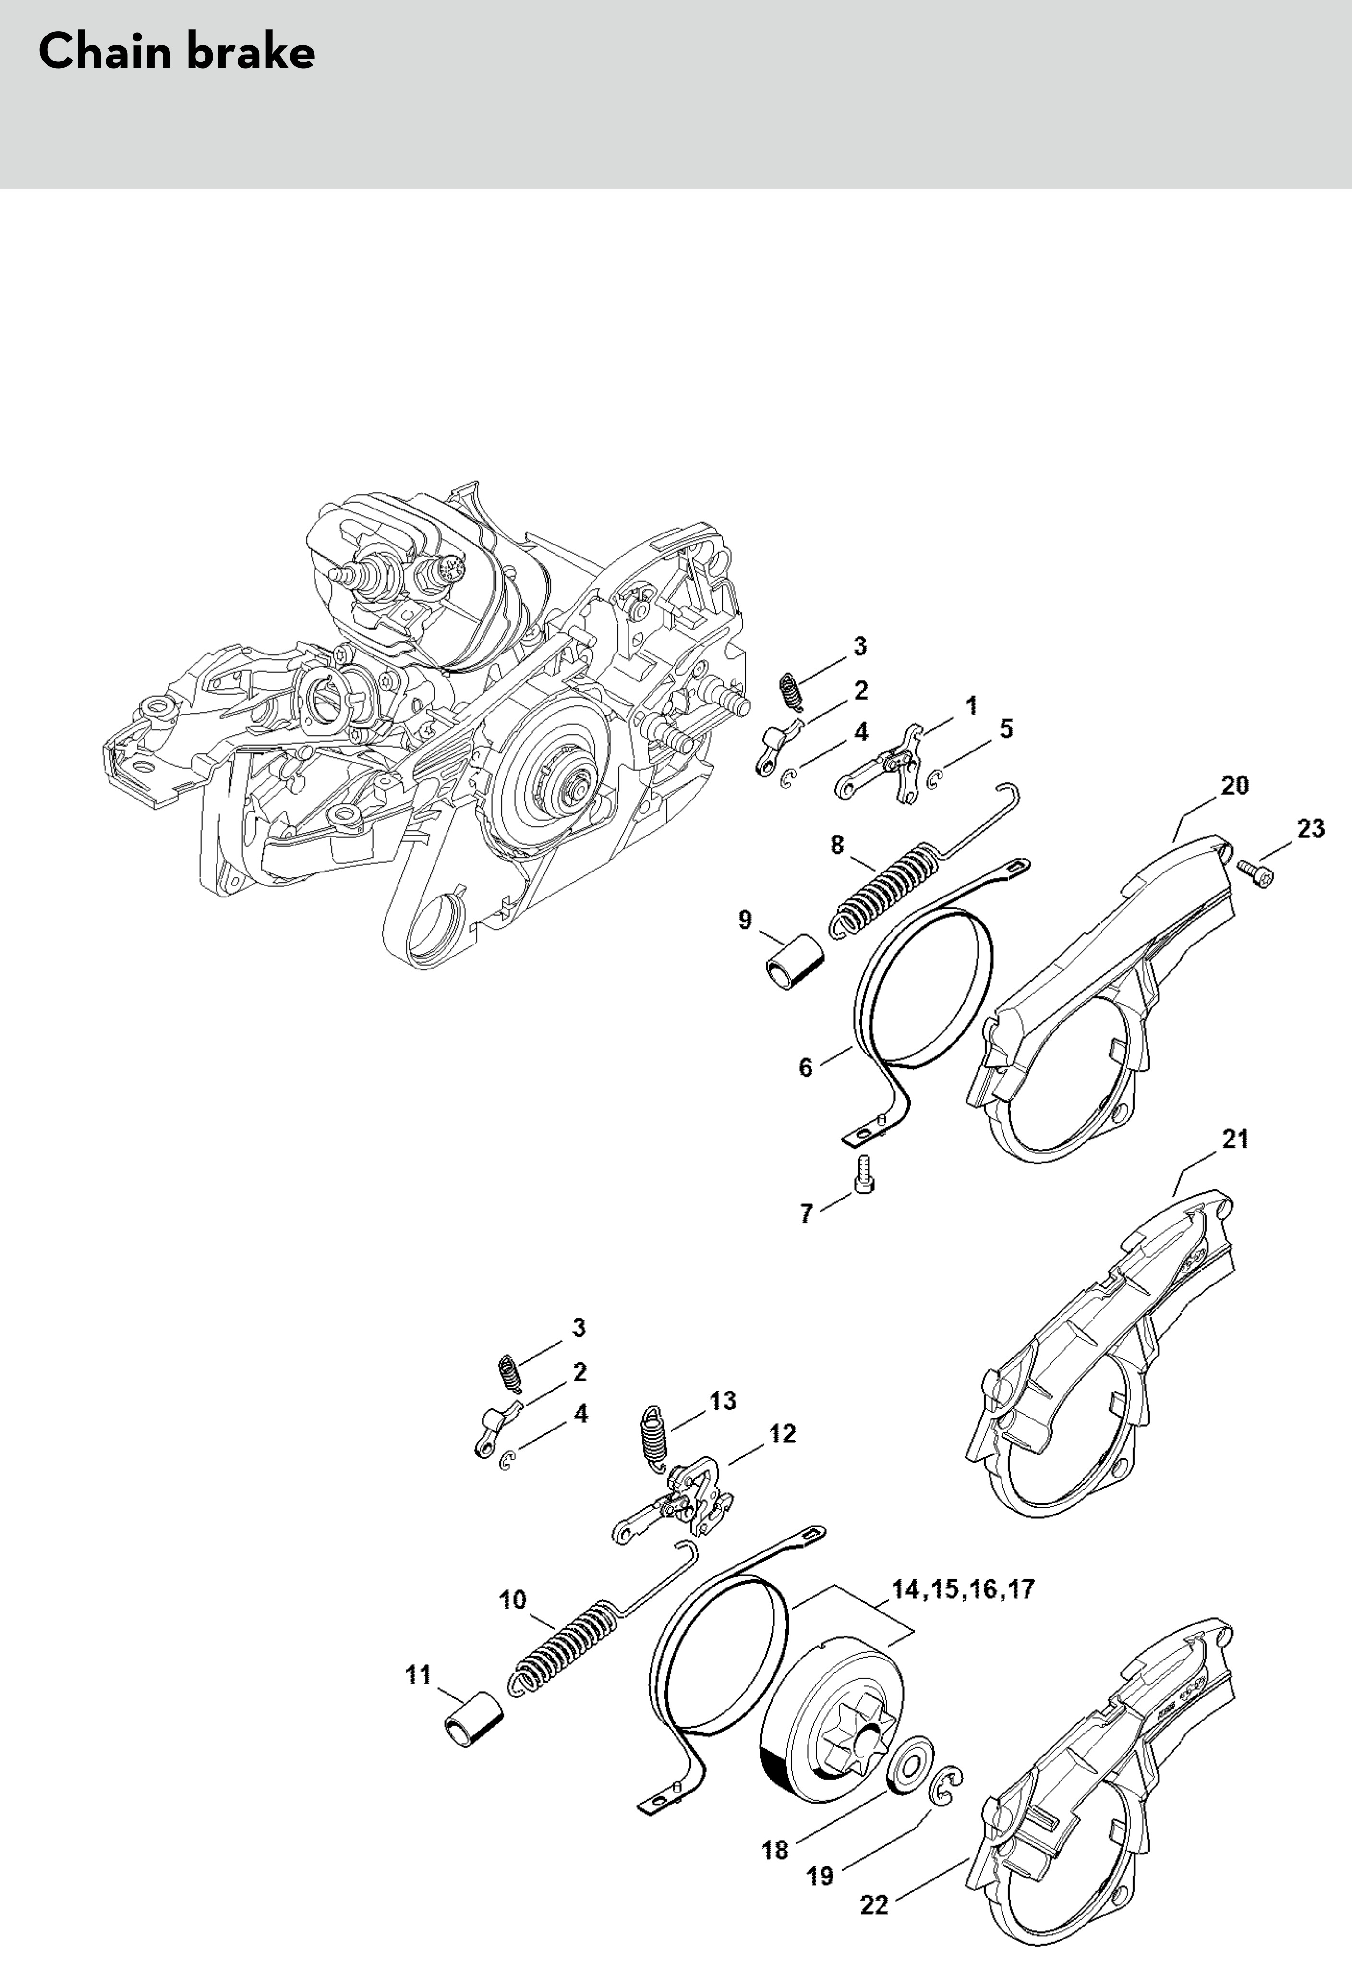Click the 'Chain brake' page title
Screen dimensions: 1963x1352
click(x=177, y=52)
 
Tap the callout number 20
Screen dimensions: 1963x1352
click(x=1234, y=786)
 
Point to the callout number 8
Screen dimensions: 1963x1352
click(x=837, y=845)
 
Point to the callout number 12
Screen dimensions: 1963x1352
click(x=782, y=1433)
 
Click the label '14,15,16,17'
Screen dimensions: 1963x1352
click(x=963, y=1588)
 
